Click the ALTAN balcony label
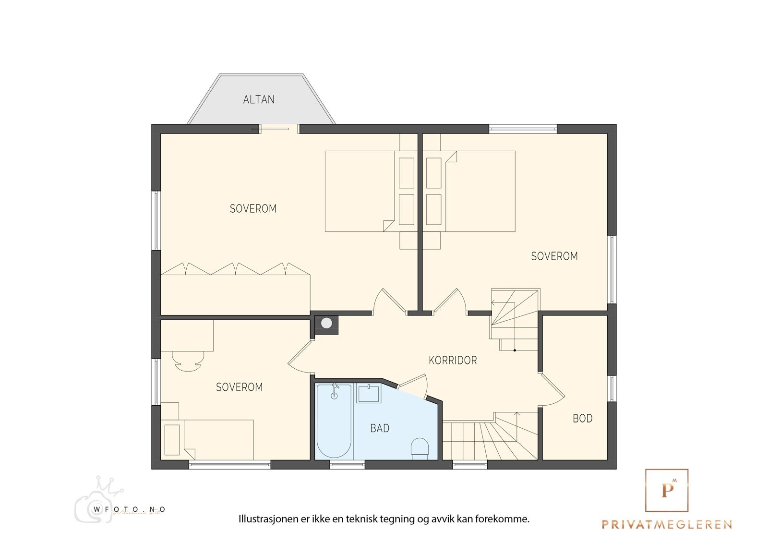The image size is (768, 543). click(x=259, y=99)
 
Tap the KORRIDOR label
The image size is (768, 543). click(x=453, y=360)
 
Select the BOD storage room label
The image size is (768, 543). click(x=582, y=418)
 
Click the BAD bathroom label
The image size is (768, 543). click(x=380, y=428)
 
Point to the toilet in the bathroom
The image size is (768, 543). click(x=420, y=448)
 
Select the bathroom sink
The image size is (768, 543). click(x=368, y=394)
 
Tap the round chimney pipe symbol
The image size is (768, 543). click(x=326, y=323)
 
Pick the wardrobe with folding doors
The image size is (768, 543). click(x=235, y=293)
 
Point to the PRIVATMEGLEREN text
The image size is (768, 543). click(x=667, y=524)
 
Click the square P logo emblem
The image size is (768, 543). click(x=667, y=490)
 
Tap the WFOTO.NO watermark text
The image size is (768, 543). click(x=130, y=509)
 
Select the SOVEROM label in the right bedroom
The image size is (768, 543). click(x=554, y=256)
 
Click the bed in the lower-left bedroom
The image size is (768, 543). click(x=218, y=440)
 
